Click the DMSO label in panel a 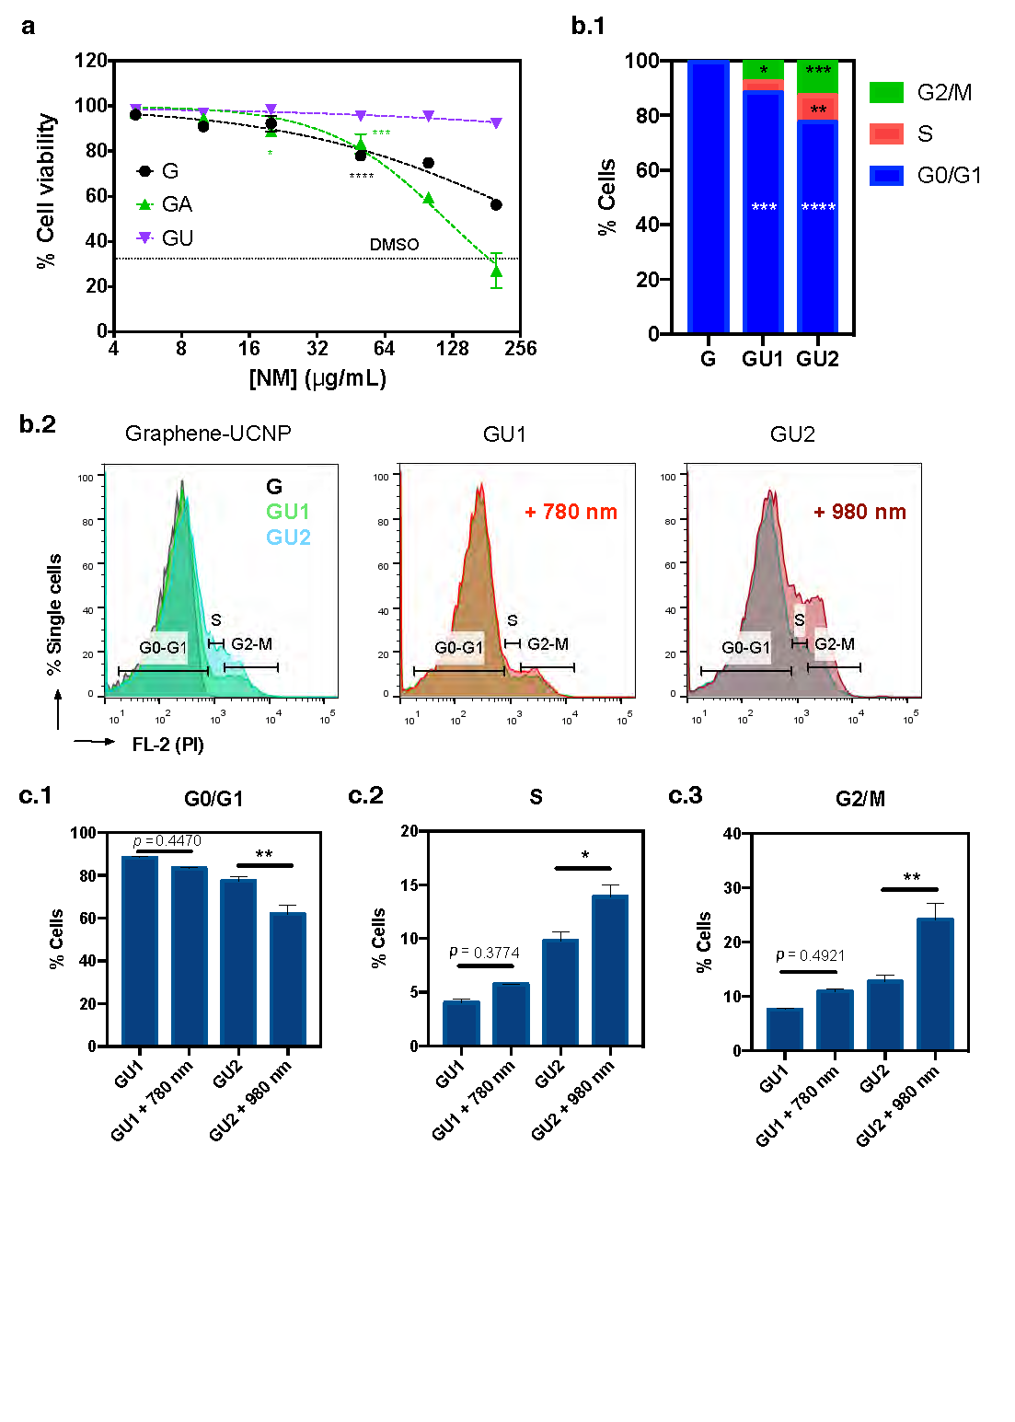394,245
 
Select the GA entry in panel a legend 176,204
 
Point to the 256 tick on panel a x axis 521,349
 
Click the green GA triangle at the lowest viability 496,271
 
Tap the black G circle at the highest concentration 496,204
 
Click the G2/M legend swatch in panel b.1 886,92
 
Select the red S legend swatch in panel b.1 886,133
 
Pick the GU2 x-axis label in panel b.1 817,359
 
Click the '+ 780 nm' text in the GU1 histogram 571,512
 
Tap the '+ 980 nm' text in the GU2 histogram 859,512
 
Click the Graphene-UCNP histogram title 208,434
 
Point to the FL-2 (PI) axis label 167,745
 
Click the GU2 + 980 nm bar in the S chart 610,970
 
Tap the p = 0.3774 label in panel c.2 484,952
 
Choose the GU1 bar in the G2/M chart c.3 785,1029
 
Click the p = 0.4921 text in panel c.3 810,955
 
